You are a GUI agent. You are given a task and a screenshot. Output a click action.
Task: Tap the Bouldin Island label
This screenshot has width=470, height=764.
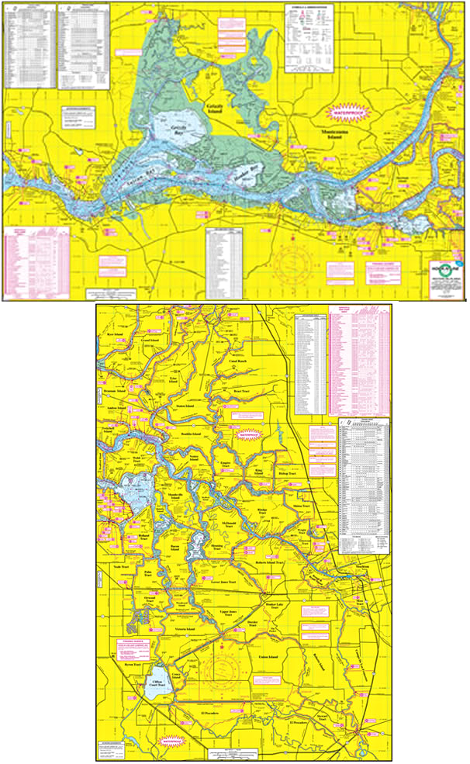[191, 434]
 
